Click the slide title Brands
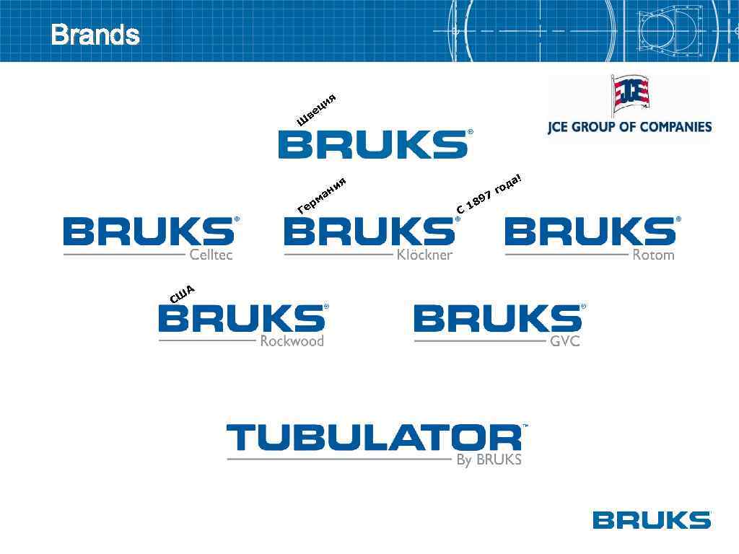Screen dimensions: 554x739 pos(95,35)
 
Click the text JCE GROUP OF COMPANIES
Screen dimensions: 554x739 pos(629,127)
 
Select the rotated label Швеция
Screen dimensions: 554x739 pos(317,110)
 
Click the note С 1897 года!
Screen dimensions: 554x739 pos(488,193)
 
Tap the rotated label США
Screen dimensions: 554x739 pos(182,294)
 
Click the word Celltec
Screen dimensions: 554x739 pos(211,255)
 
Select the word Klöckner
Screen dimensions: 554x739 pos(425,255)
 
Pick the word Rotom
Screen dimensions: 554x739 pos(653,255)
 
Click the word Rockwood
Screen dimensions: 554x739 pos(292,341)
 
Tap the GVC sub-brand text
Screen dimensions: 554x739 pos(565,341)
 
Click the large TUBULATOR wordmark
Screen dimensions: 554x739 pos(374,438)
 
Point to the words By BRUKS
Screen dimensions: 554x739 pos(489,460)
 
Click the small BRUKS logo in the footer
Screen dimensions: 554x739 pos(651,519)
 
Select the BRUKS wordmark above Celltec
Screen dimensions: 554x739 pos(149,232)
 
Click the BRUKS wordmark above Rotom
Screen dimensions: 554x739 pos(590,232)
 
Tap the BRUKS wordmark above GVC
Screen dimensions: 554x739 pos(498,318)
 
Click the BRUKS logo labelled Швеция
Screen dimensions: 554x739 pos(372,144)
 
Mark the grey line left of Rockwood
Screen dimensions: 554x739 pos(207,340)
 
